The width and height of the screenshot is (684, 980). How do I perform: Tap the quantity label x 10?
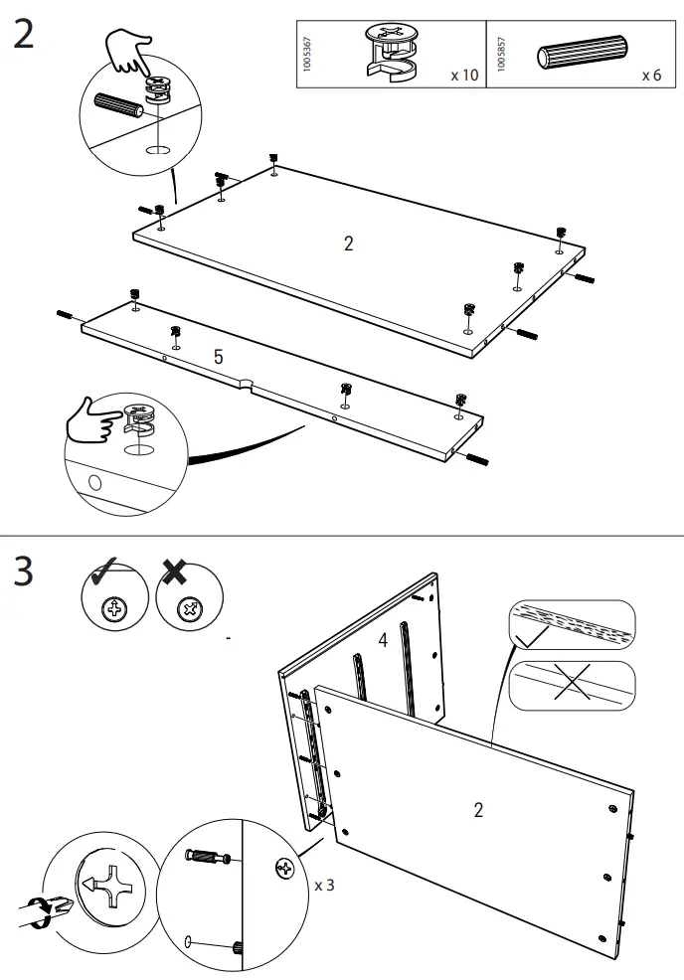(463, 76)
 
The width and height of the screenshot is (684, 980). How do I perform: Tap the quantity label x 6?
(651, 76)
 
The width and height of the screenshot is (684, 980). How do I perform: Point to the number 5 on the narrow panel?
(218, 357)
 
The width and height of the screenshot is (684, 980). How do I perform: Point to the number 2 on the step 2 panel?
(348, 244)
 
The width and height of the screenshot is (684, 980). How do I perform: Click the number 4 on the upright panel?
(382, 641)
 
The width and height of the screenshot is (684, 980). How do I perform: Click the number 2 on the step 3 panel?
(478, 810)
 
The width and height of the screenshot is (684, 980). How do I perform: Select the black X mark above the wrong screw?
(175, 573)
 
